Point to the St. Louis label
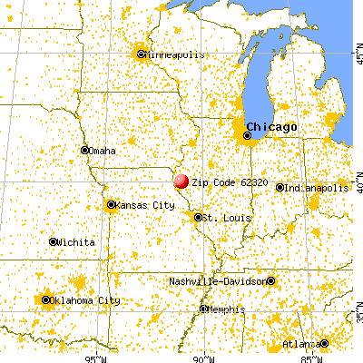(222, 218)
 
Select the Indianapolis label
(317, 188)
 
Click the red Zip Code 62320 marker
(181, 181)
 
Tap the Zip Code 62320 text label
(221, 181)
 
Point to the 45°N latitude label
(356, 55)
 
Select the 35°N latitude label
(356, 318)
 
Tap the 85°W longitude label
(309, 357)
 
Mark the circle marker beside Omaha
(84, 151)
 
